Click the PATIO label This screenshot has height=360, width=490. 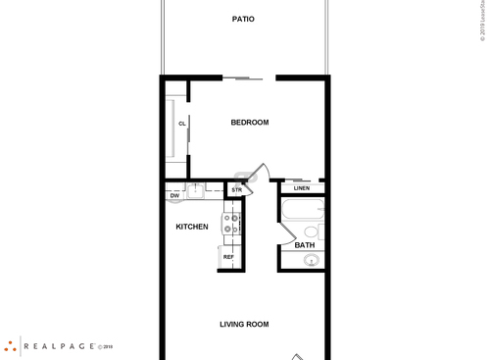(244, 19)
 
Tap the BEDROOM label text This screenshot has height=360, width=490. (249, 123)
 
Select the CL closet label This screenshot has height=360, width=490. (182, 124)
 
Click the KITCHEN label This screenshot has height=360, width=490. (191, 227)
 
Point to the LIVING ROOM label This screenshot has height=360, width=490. (244, 324)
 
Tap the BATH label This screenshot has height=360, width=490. (305, 245)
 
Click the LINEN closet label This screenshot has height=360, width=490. (302, 188)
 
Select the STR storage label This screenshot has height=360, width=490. (236, 189)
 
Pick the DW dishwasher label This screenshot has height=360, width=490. (174, 195)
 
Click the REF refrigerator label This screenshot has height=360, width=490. (228, 257)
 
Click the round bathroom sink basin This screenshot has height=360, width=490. (310, 260)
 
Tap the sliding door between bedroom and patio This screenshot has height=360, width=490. (242, 77)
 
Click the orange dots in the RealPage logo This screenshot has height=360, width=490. (10, 345)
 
